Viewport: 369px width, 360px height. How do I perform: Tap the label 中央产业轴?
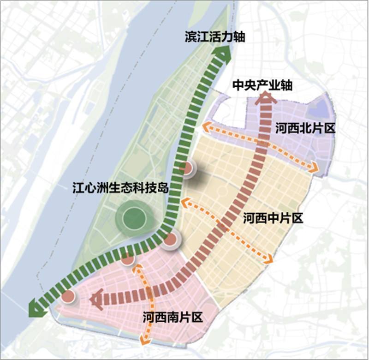(262, 85)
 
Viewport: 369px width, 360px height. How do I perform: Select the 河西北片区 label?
(304, 128)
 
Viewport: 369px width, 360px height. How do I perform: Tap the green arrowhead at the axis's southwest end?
(36, 309)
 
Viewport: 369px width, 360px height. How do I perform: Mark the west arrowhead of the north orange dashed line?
(206, 126)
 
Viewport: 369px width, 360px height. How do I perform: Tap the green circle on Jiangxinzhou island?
(133, 217)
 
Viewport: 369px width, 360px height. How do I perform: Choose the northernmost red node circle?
(186, 168)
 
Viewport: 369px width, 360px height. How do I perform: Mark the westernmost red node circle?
(68, 296)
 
